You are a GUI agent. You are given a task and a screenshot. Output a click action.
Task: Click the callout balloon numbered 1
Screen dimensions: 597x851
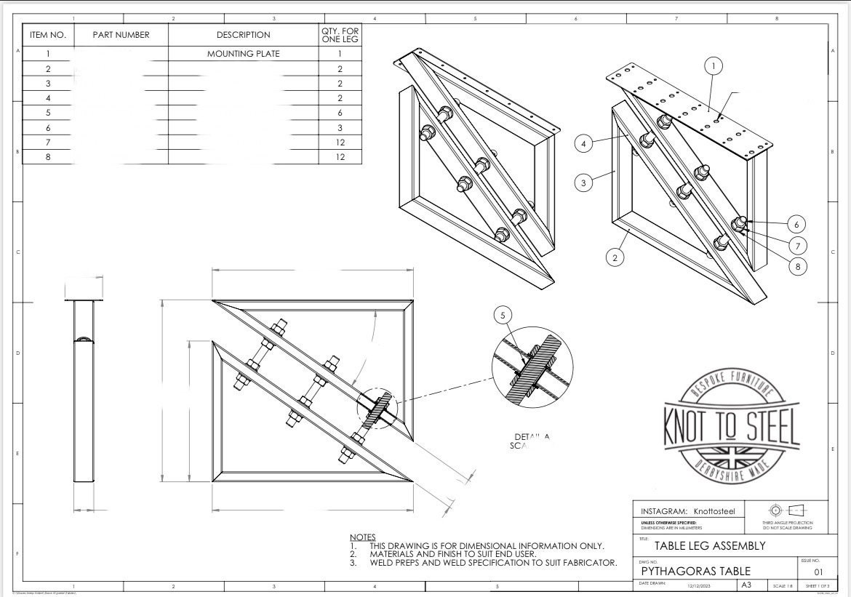[x=714, y=66]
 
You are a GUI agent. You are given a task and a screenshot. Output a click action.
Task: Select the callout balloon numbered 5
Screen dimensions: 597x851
[x=503, y=315]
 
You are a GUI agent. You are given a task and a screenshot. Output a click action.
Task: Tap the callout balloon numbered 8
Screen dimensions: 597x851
[x=797, y=267]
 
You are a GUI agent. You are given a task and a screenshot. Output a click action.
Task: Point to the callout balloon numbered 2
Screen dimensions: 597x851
[x=615, y=257]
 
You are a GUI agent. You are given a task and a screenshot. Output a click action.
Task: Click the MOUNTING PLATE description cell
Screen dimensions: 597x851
[x=243, y=54]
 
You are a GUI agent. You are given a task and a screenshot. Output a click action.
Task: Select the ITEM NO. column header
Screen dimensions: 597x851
[x=47, y=35]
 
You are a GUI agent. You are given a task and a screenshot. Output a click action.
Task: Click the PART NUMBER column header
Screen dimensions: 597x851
[x=121, y=35]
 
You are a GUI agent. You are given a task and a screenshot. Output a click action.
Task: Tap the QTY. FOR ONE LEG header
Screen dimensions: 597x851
[x=340, y=35]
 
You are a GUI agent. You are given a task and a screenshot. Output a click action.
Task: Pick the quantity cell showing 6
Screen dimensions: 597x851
[x=340, y=113]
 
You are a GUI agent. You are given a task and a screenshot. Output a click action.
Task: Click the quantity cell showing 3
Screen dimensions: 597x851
[x=340, y=127]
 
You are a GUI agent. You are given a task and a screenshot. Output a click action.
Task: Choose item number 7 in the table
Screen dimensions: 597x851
[x=47, y=143]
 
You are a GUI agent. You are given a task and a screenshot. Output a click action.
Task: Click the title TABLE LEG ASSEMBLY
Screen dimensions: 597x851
[x=699, y=545]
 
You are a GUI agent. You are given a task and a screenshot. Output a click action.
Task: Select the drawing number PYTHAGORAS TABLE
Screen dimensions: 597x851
[x=695, y=572]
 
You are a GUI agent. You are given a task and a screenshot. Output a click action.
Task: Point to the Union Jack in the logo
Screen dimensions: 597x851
[x=731, y=457]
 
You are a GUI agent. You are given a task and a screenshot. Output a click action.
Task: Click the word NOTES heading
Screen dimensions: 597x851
[x=362, y=537]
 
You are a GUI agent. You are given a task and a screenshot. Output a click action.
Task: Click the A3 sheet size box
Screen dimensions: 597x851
[x=747, y=585]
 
